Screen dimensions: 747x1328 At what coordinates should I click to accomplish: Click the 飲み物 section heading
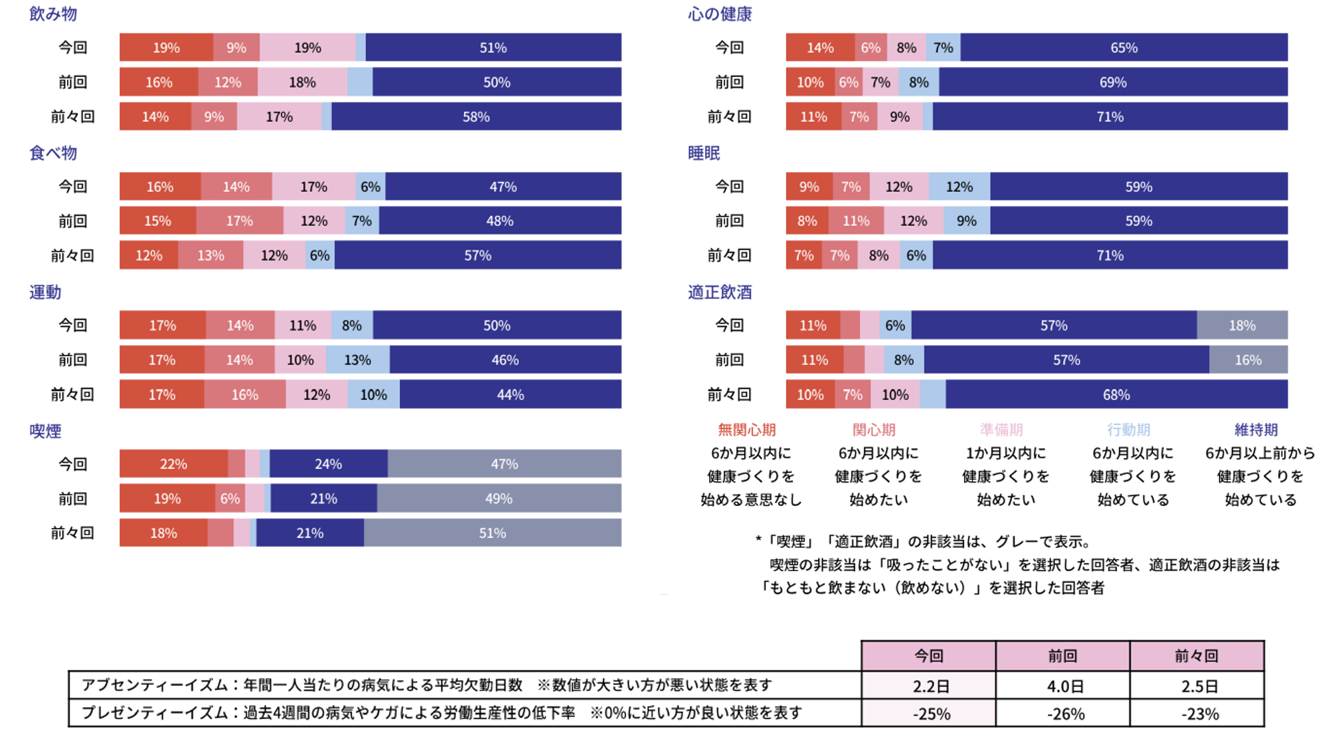[53, 14]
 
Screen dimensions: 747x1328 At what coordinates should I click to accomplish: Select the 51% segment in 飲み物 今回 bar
[493, 48]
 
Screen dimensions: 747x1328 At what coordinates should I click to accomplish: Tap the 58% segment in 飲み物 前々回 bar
[476, 117]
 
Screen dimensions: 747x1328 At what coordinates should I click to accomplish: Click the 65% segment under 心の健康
[1123, 48]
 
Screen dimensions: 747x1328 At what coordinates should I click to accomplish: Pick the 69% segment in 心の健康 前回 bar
[1113, 82]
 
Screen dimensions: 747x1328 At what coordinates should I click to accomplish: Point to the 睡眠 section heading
[704, 153]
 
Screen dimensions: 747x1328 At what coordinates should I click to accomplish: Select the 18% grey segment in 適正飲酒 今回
[1242, 325]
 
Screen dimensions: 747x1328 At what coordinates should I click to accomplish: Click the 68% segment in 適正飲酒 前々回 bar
[1116, 394]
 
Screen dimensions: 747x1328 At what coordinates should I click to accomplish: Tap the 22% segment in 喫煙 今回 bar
[173, 464]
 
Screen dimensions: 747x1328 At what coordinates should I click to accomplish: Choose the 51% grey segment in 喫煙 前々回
[492, 533]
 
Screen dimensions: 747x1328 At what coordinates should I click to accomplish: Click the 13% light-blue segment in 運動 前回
[357, 360]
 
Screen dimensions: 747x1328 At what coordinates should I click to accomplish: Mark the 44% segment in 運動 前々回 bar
[510, 394]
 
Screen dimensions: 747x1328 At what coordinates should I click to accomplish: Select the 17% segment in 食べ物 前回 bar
[239, 221]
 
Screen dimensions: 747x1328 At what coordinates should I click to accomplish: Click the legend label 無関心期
[747, 430]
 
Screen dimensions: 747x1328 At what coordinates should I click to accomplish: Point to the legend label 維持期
[1256, 430]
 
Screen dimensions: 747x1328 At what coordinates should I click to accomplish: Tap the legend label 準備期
[1001, 430]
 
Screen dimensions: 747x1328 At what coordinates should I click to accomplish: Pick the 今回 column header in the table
[928, 656]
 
